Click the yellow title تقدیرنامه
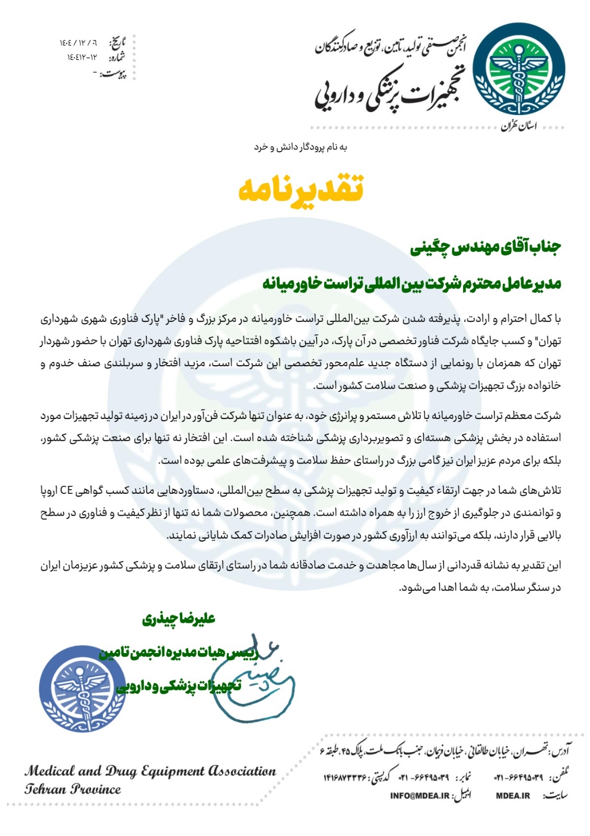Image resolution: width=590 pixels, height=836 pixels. click(301, 189)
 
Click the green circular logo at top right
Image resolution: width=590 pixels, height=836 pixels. click(518, 69)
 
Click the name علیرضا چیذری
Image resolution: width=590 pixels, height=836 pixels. click(179, 619)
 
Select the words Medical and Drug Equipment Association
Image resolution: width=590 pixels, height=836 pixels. click(150, 771)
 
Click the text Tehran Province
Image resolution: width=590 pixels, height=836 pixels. click(73, 789)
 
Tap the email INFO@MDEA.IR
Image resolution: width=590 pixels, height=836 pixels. click(419, 796)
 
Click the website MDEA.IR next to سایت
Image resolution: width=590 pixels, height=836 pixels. click(513, 796)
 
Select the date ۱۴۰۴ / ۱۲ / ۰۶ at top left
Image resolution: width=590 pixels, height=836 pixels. click(78, 42)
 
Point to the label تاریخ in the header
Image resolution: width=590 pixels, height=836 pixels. click(117, 42)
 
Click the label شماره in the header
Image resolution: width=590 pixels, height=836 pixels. click(117, 57)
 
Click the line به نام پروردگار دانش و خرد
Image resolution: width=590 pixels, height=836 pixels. click(301, 147)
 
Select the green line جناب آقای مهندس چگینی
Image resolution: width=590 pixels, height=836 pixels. click(485, 247)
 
